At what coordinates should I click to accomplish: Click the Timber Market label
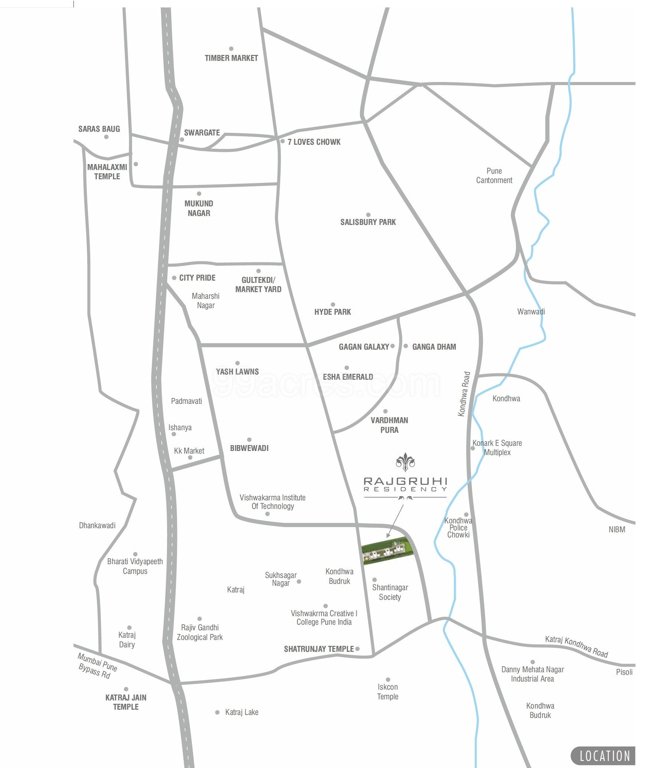pos(231,58)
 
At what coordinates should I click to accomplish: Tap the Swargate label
pos(201,132)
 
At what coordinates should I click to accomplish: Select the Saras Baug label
pos(99,129)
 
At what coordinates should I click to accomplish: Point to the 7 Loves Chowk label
pos(314,142)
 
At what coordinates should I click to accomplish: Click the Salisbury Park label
pos(368,222)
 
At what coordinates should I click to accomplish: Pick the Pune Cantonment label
pos(493,175)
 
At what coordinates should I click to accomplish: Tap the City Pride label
pos(197,277)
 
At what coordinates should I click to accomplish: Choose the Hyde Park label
pos(333,312)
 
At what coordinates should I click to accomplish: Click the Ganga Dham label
pos(434,347)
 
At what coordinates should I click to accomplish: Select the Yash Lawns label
pos(237,372)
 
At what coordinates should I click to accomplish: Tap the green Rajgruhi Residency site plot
pos(386,550)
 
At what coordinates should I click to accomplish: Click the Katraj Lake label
pos(241,712)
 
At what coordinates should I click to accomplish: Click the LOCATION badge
pos(603,755)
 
